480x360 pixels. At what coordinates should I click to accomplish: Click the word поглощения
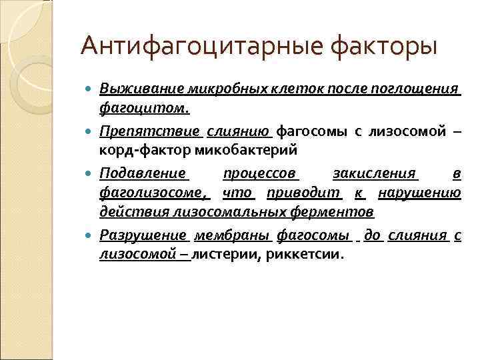pos(423,89)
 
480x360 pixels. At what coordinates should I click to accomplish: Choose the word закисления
pos(375,175)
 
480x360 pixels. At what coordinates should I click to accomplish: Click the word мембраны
pos(237,235)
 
